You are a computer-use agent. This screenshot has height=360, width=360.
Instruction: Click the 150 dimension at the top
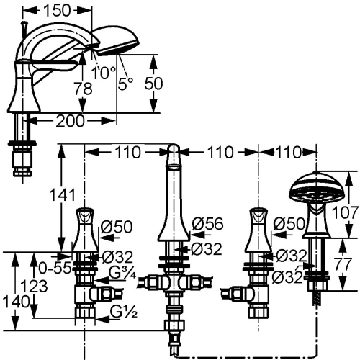point(57,11)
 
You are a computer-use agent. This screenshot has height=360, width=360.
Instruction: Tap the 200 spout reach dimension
point(71,121)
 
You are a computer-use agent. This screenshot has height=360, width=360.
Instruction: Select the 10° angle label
point(104,72)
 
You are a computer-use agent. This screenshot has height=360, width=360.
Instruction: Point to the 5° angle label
point(125,84)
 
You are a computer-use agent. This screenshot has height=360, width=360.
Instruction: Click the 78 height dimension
point(83,89)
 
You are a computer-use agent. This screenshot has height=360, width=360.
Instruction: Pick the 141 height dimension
point(62,194)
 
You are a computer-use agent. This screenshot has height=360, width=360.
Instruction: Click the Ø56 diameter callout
point(208,224)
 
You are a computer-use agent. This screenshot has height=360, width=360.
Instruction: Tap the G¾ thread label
point(122,273)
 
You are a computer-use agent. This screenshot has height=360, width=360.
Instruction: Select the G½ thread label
point(124,312)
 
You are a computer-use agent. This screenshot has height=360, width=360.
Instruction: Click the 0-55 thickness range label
point(55,268)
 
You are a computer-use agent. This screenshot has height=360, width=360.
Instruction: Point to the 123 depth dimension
point(34,287)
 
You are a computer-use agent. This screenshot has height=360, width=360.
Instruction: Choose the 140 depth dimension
point(16,302)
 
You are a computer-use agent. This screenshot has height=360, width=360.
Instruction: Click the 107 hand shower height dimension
point(345,212)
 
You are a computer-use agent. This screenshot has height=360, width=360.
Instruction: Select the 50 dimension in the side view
point(153,84)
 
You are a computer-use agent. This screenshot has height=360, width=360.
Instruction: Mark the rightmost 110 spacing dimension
point(288,153)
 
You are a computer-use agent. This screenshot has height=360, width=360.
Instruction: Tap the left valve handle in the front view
point(84,230)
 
